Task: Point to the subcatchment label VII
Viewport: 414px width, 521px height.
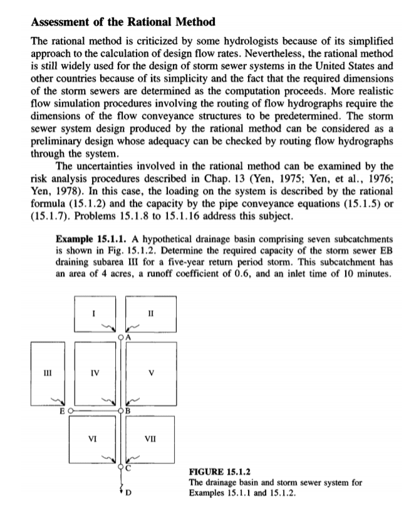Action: [150, 440]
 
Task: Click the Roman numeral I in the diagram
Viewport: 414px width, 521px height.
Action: [93, 310]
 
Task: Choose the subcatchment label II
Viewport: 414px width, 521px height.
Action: [150, 310]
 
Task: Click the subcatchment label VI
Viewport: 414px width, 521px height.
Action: [93, 440]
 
